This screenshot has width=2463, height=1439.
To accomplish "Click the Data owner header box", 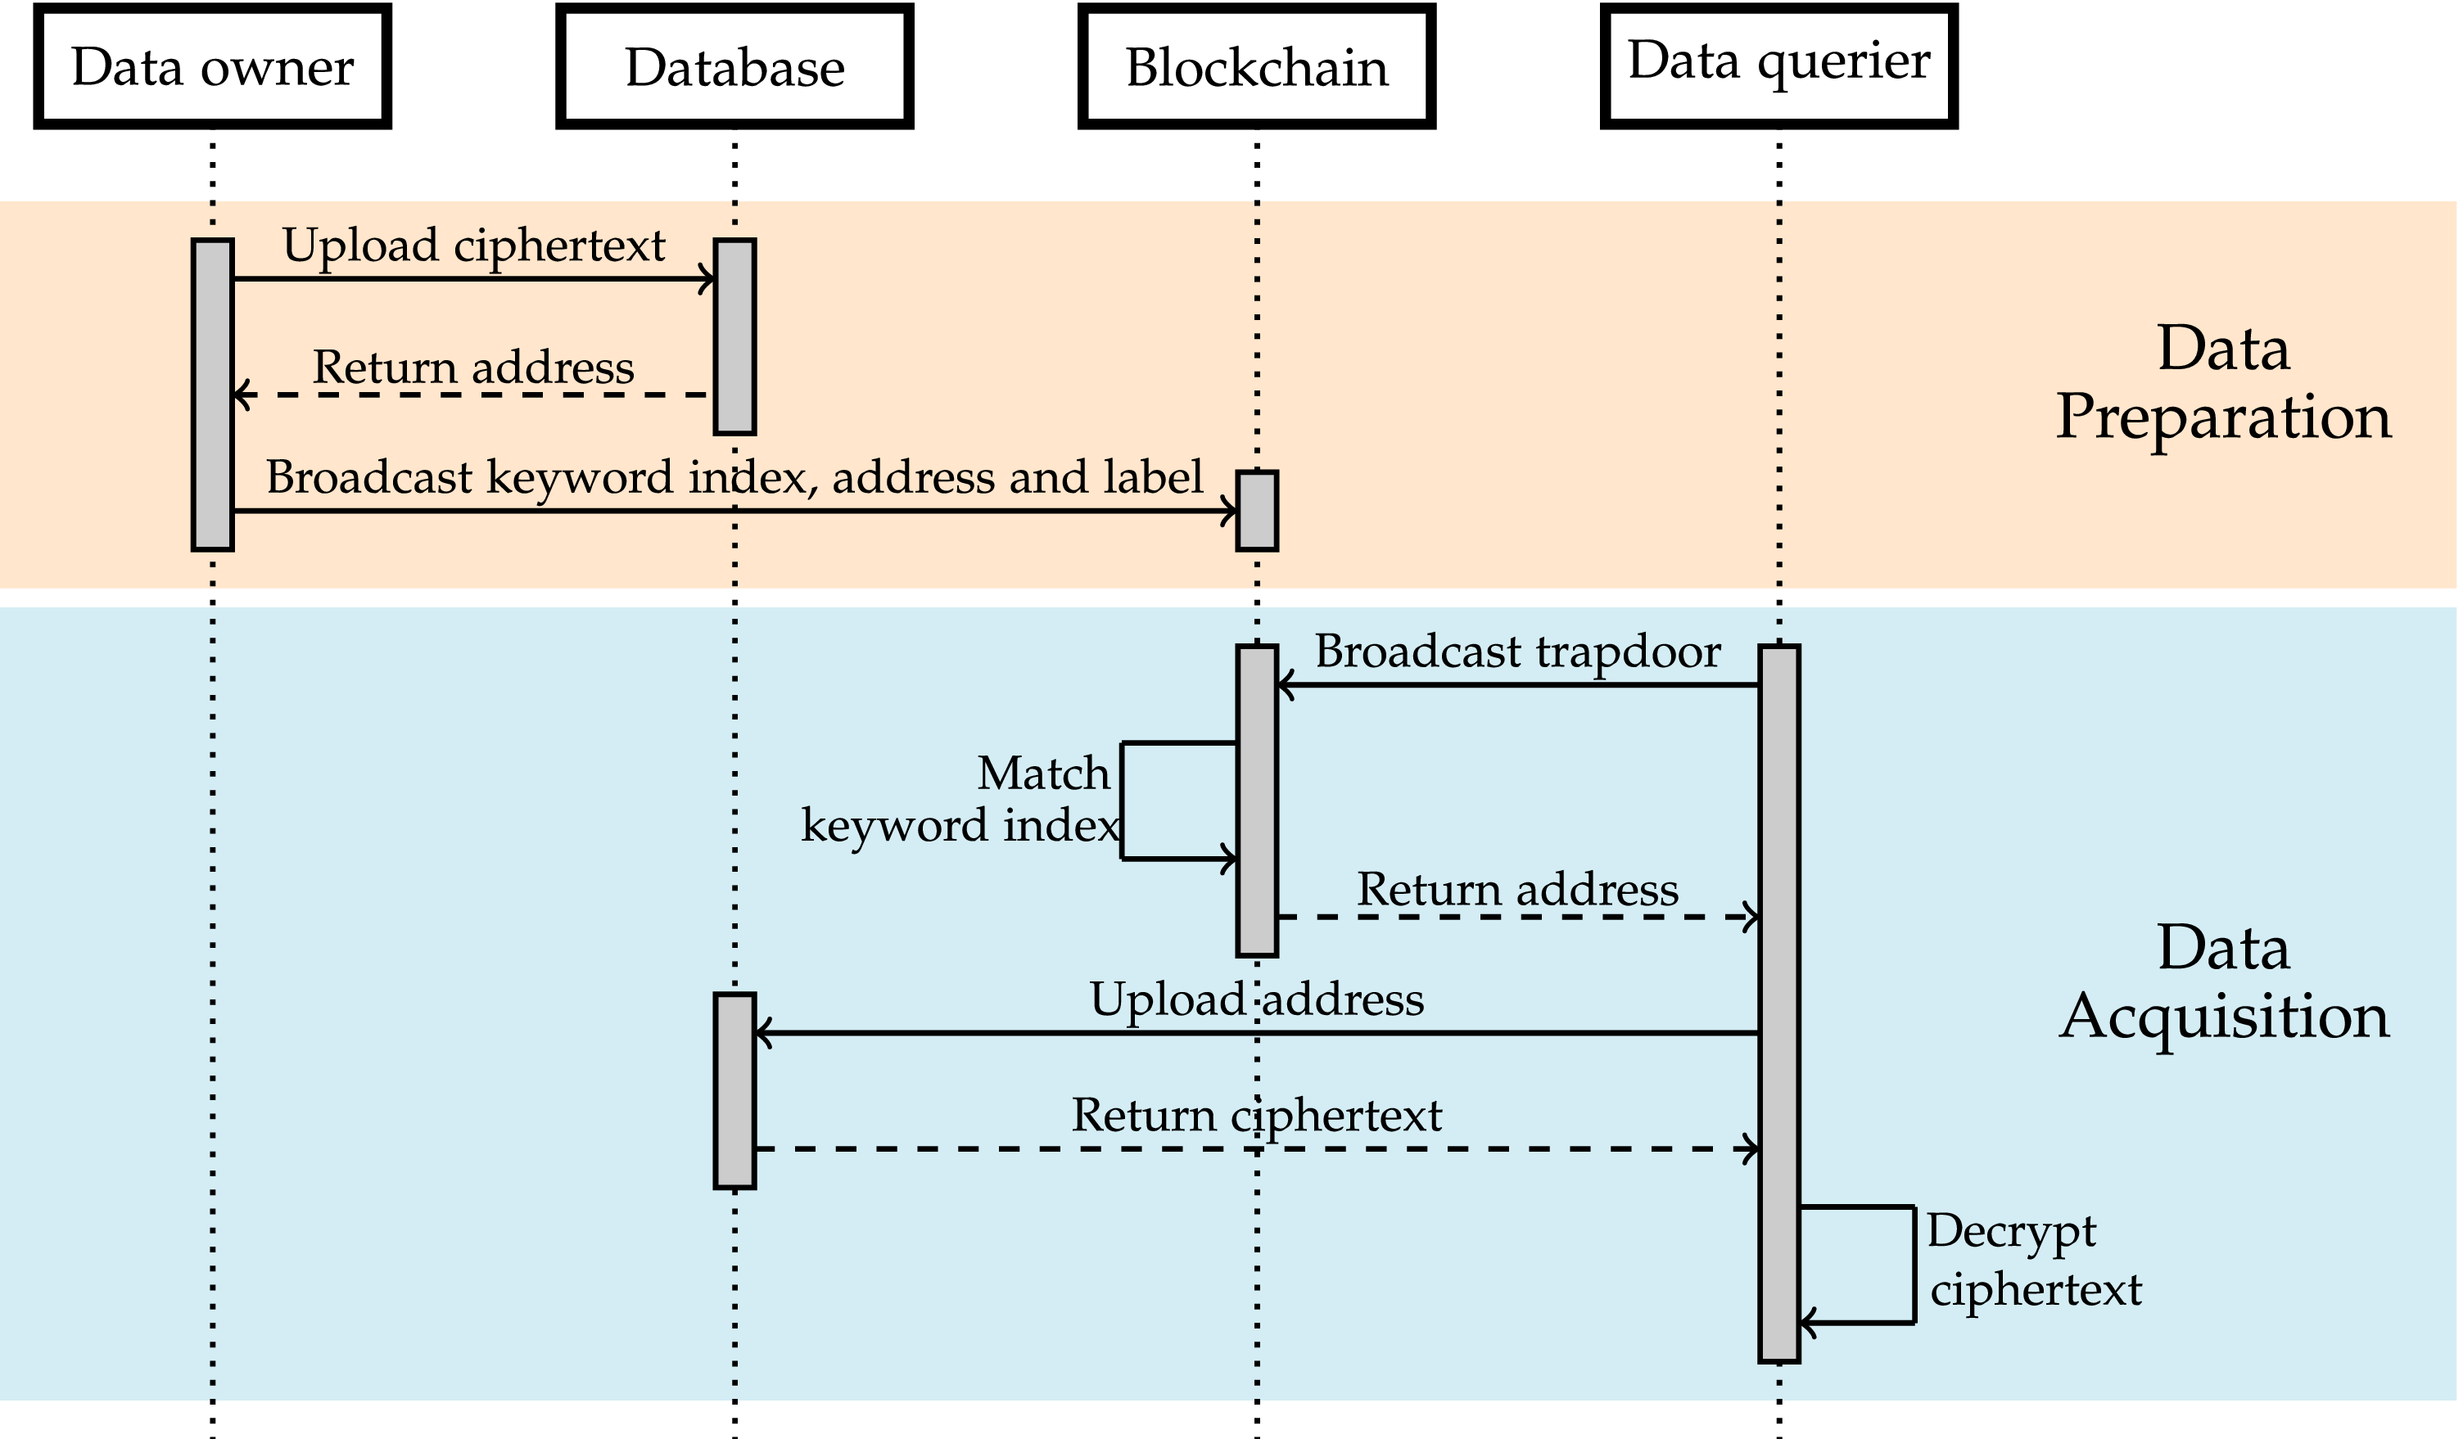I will pyautogui.click(x=213, y=66).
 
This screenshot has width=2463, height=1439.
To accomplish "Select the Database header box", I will pyautogui.click(x=735, y=66).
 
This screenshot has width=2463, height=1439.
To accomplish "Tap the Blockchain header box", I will pyautogui.click(x=1257, y=66).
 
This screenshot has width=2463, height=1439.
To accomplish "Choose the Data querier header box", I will pyautogui.click(x=1778, y=65).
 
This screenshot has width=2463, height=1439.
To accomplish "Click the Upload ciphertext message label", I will pyautogui.click(x=473, y=246).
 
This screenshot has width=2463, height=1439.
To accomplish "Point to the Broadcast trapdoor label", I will pyautogui.click(x=1517, y=652).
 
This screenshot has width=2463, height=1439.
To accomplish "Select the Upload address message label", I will pyautogui.click(x=1257, y=999).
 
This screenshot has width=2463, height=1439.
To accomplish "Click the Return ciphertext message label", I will pyautogui.click(x=1257, y=1116).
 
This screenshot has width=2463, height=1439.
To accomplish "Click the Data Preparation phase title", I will pyautogui.click(x=2224, y=383).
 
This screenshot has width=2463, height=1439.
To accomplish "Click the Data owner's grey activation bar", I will pyautogui.click(x=213, y=395).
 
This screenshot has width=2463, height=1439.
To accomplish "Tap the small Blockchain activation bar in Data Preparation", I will pyautogui.click(x=1257, y=511).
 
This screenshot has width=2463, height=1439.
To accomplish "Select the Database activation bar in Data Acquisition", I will pyautogui.click(x=735, y=1091).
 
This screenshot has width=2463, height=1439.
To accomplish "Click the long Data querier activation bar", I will pyautogui.click(x=1778, y=1003).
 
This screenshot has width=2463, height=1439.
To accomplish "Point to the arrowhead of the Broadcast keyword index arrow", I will pyautogui.click(x=1231, y=511).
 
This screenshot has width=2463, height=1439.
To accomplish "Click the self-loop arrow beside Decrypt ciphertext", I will pyautogui.click(x=1912, y=1265).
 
